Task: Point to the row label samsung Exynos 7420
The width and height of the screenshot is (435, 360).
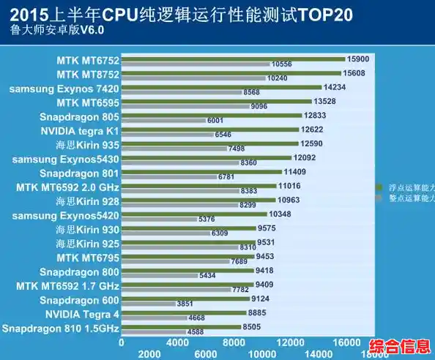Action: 64,89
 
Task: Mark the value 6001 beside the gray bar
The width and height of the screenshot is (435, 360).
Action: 215,120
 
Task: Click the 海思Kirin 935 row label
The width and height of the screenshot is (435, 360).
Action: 83,145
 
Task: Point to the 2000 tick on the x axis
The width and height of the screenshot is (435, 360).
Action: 149,353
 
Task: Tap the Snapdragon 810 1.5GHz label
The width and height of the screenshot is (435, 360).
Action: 60,329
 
